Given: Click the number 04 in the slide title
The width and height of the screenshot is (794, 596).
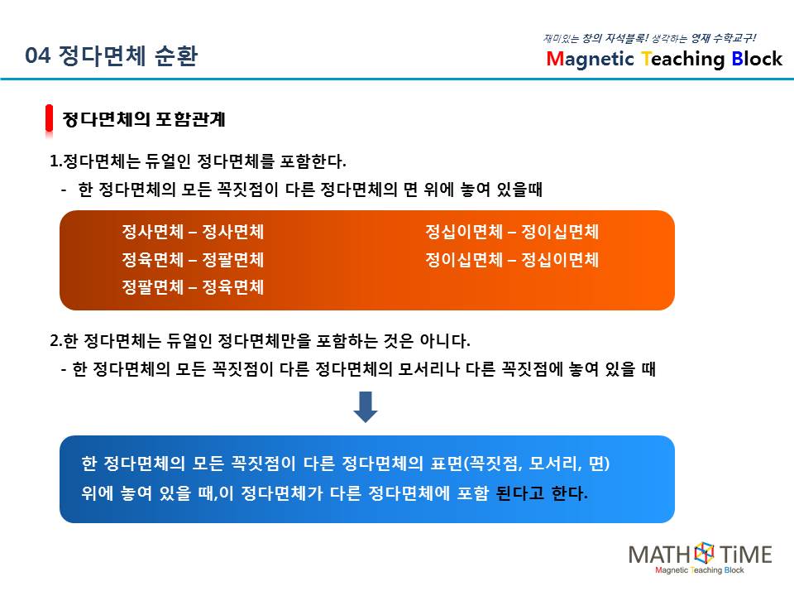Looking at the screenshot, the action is [x=37, y=55].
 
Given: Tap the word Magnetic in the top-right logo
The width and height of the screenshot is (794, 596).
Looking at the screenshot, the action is [x=590, y=60].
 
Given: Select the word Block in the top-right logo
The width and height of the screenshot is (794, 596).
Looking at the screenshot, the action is [x=757, y=59].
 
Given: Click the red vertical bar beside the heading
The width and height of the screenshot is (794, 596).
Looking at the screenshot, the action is [x=49, y=118].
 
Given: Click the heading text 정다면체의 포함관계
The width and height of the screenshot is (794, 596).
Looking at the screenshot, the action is [x=144, y=119].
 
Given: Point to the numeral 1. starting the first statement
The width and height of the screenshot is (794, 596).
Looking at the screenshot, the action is [x=55, y=161].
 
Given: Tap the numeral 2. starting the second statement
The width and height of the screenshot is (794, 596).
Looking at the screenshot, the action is [x=56, y=340].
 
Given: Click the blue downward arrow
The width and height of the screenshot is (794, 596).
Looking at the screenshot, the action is [x=365, y=406].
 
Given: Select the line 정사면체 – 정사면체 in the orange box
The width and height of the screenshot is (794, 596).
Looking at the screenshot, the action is [x=193, y=232].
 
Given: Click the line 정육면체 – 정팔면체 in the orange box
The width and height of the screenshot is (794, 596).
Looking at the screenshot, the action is [x=193, y=259].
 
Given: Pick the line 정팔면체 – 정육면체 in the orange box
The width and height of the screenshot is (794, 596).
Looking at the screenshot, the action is [x=193, y=287].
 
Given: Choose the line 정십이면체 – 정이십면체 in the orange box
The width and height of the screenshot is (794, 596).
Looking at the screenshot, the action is [x=512, y=232].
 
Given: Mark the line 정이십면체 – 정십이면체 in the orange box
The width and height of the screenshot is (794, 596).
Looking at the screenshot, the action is [x=512, y=259].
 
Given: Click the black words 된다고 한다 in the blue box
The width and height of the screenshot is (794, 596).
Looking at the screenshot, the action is [x=541, y=493].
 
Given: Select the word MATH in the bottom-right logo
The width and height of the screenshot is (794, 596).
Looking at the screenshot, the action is [x=660, y=555].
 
